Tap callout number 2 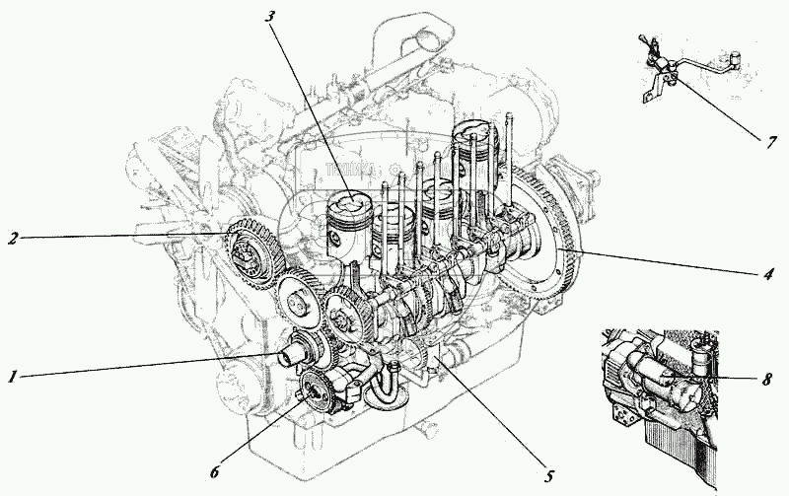(14, 238)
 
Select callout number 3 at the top (269, 17)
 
